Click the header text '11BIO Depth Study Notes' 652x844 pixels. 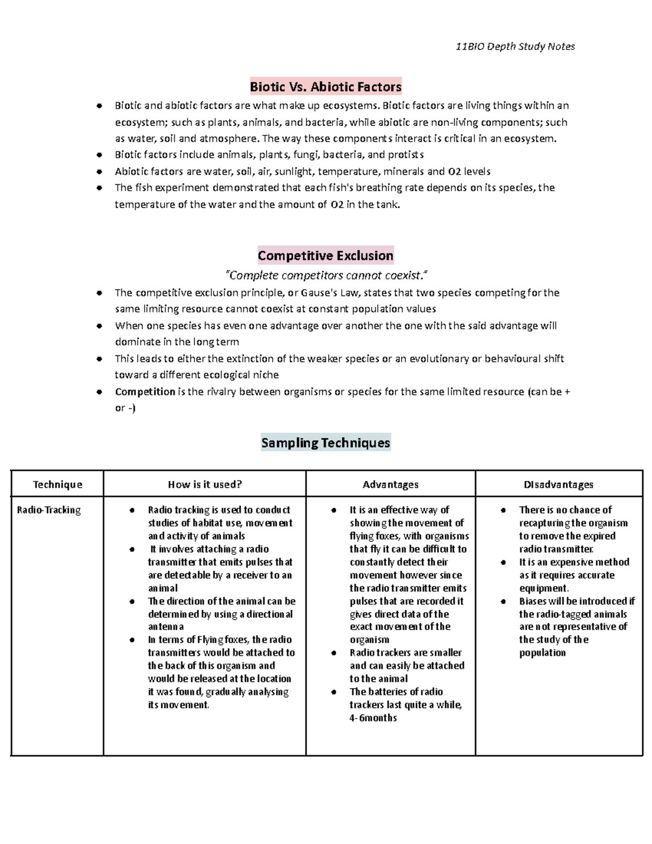point(515,47)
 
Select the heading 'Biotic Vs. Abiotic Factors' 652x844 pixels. point(325,86)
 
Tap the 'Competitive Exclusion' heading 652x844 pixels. point(325,255)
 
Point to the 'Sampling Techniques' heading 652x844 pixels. point(325,443)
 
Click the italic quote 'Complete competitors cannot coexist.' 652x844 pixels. point(325,275)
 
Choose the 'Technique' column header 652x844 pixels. point(58,484)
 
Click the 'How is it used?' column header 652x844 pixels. point(205,484)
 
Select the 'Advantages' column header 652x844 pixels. point(391,484)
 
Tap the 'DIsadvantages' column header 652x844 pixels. point(559,484)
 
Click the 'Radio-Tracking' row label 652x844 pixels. point(49,510)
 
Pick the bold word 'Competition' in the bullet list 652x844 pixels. point(145,392)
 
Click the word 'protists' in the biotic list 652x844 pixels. point(406,155)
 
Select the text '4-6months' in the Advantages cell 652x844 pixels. point(373,718)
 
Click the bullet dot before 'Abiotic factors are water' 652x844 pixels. point(99,172)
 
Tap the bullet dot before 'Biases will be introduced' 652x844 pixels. point(504,602)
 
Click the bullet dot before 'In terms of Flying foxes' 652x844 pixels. point(133,640)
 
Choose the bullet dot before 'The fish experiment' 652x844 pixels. point(99,188)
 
